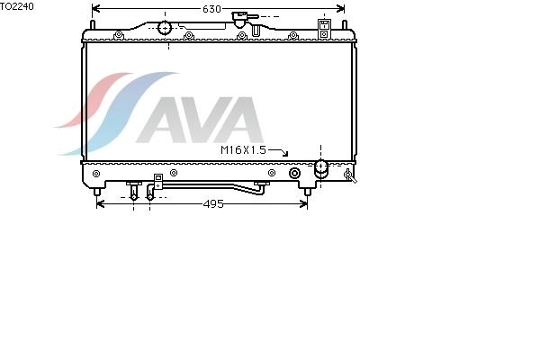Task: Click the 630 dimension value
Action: tap(211, 9)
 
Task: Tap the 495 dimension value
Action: tap(213, 204)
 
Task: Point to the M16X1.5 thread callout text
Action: tap(243, 150)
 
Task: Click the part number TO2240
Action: tap(17, 6)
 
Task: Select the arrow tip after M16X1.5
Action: tap(285, 155)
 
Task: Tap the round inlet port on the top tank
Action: tap(165, 28)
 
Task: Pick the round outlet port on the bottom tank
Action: tap(321, 167)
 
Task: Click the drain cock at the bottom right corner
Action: tap(350, 175)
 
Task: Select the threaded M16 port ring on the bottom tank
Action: tap(294, 173)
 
